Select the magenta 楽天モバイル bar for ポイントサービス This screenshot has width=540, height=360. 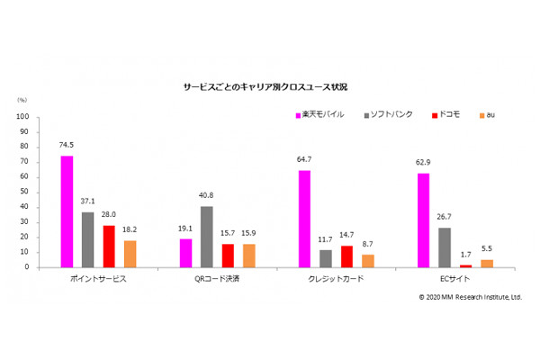pyautogui.click(x=67, y=211)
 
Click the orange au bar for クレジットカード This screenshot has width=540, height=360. pyautogui.click(x=368, y=261)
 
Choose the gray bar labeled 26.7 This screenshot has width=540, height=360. pyautogui.click(x=445, y=247)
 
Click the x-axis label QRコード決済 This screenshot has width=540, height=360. pyautogui.click(x=217, y=279)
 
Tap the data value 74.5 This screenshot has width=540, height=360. pyautogui.click(x=67, y=146)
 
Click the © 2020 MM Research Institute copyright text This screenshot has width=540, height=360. pyautogui.click(x=470, y=296)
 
